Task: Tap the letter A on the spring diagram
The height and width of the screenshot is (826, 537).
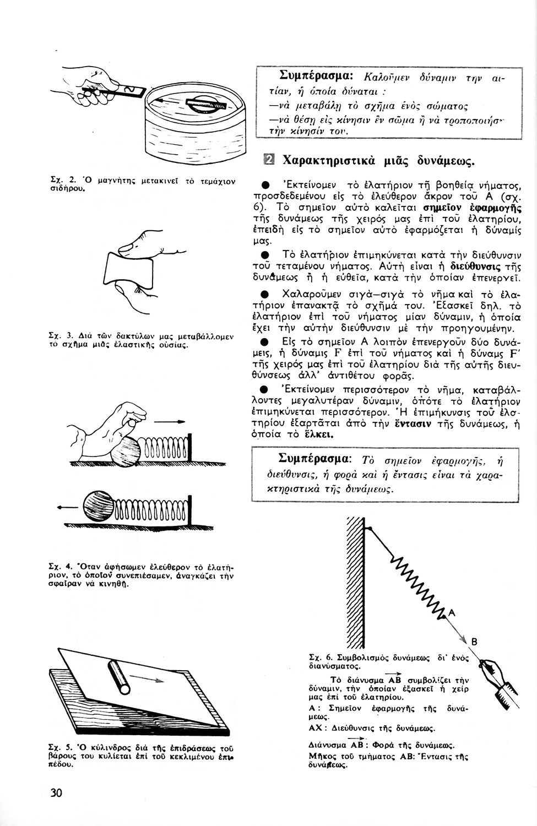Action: (x=453, y=613)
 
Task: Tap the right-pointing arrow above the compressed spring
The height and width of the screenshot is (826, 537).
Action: (x=170, y=422)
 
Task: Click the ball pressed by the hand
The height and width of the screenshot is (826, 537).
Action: (x=126, y=451)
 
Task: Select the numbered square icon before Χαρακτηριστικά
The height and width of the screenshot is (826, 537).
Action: (x=270, y=160)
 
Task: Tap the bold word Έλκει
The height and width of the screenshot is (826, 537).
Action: (x=317, y=434)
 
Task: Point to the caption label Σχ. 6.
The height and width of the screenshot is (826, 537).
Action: (x=319, y=657)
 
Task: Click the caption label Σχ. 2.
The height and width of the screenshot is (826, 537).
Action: (x=54, y=180)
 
